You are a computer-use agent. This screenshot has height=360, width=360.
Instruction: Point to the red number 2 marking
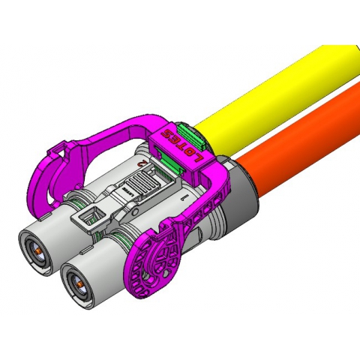click(140, 161)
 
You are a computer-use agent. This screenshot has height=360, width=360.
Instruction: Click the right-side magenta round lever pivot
click(159, 262)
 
